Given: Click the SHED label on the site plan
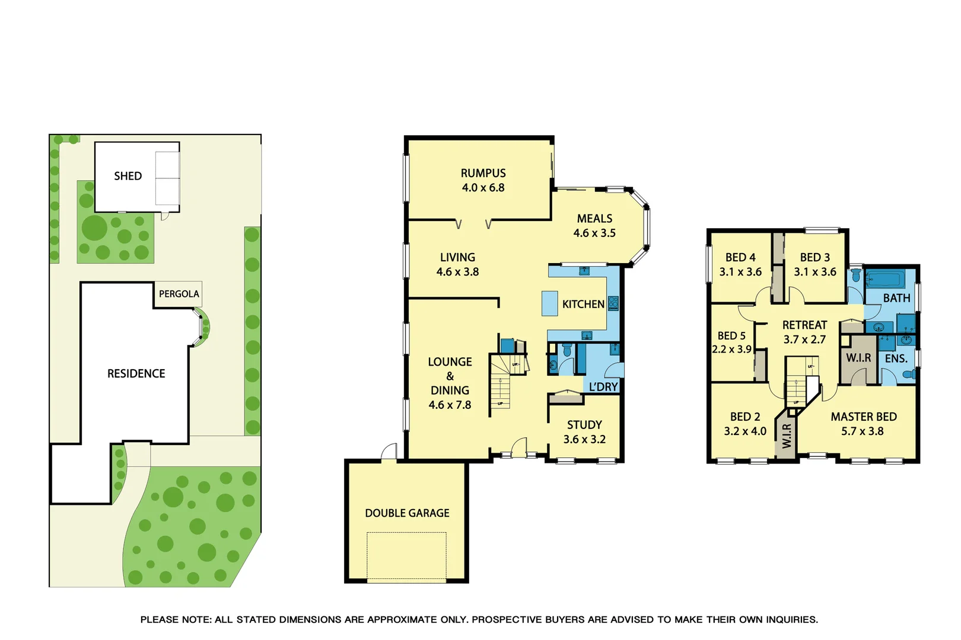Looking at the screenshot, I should click(128, 176).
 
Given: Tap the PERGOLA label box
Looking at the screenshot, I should click(179, 294).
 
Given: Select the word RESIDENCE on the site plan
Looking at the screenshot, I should click(136, 373).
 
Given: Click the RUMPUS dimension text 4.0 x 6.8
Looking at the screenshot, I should click(483, 188).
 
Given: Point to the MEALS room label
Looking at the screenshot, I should click(594, 219).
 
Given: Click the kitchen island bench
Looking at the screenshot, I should click(549, 303).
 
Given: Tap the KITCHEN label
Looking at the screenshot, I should click(583, 304).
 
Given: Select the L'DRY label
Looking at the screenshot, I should click(603, 387).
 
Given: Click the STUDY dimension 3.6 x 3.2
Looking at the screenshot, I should click(584, 439).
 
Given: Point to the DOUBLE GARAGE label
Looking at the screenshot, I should click(407, 513).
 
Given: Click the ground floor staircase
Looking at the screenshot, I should click(500, 385).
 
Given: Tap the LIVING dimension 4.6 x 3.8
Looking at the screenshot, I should click(457, 272).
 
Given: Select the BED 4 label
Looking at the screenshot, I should click(740, 257).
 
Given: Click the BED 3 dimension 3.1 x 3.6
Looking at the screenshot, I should click(815, 272).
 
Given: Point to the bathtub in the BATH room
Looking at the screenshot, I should click(884, 279).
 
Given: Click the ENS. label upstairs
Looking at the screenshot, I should click(896, 359).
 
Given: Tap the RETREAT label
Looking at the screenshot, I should click(804, 325).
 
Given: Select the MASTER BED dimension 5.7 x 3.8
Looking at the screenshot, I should click(862, 431).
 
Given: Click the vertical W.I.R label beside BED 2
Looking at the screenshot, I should click(787, 436).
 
